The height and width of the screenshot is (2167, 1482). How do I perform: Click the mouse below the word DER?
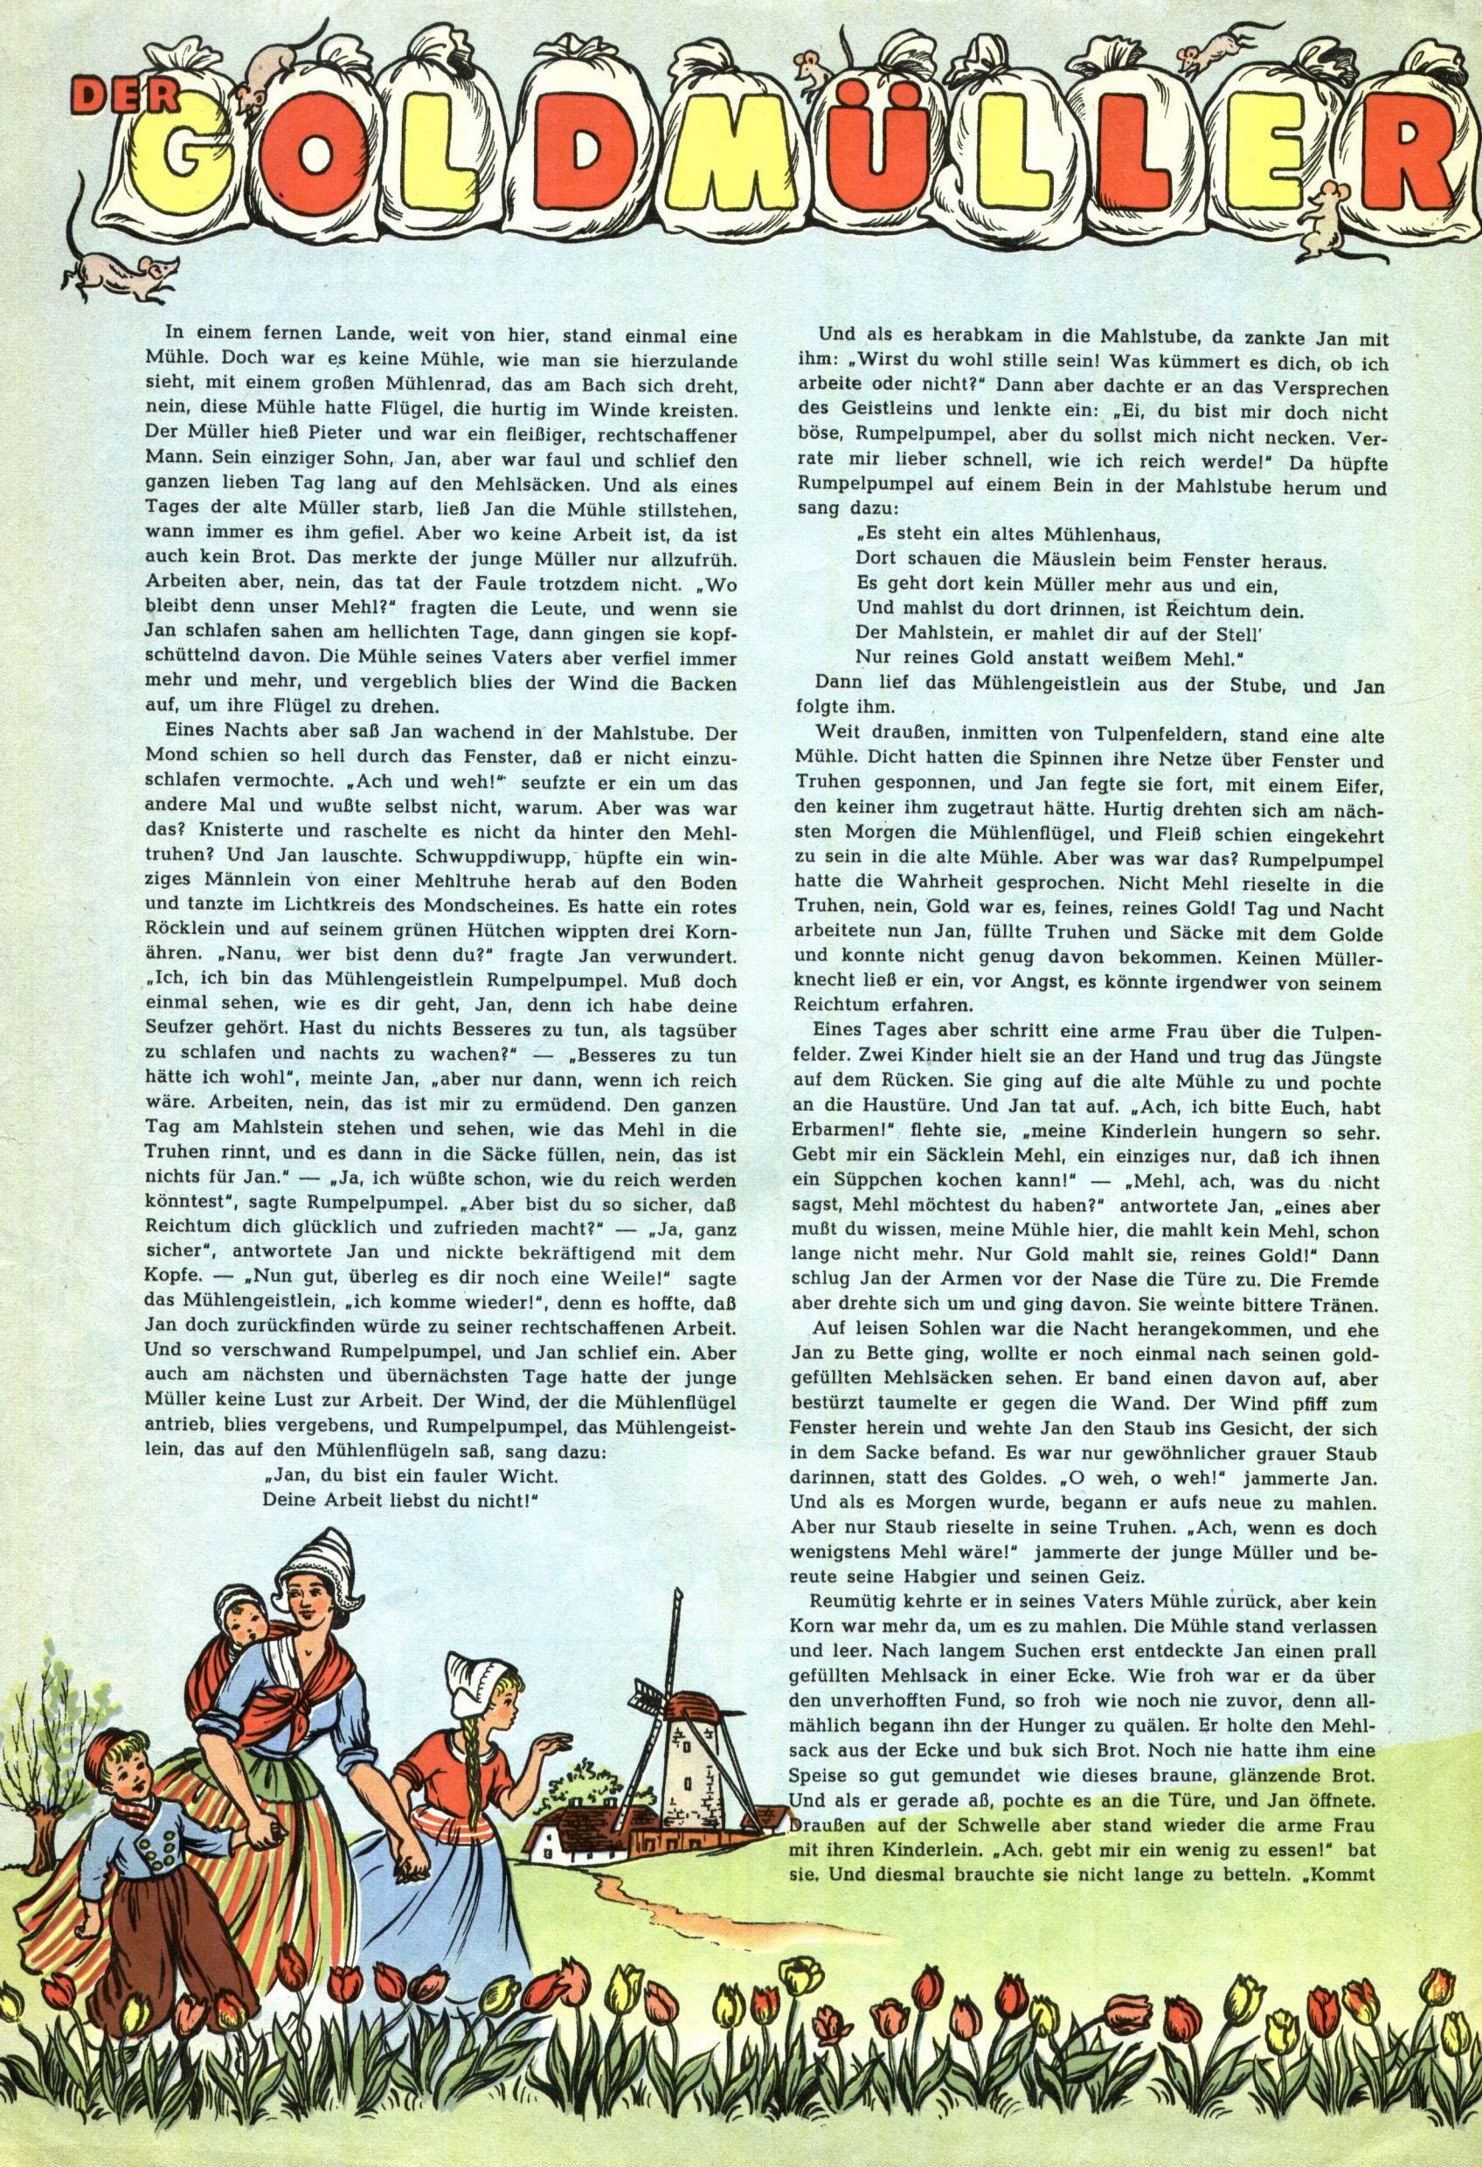121,273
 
